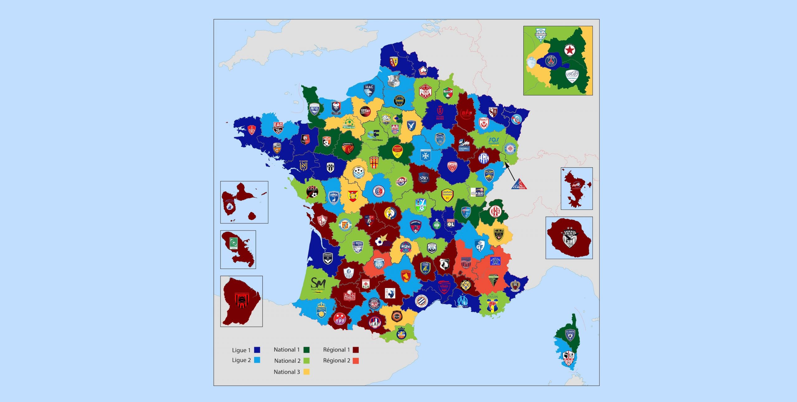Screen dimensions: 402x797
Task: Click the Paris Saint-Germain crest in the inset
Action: pos(551,61)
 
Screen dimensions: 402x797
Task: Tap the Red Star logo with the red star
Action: pos(570,50)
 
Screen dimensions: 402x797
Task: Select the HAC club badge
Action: pos(369,90)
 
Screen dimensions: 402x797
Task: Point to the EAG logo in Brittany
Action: pos(278,127)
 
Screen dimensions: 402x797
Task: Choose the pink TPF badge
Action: pos(340,320)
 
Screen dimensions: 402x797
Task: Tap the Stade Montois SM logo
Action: pos(318,284)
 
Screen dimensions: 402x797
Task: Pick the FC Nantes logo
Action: pos(303,165)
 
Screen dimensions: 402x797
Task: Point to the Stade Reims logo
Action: pos(440,112)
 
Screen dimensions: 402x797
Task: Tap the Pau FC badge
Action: pos(321,310)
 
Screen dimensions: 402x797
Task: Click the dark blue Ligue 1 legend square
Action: pos(257,350)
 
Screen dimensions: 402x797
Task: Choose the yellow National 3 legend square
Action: pos(306,372)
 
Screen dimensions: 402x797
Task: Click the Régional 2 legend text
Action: pos(337,361)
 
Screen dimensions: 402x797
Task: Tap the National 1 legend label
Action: pos(286,350)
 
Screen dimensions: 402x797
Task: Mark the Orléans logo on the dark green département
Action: pos(397,151)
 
